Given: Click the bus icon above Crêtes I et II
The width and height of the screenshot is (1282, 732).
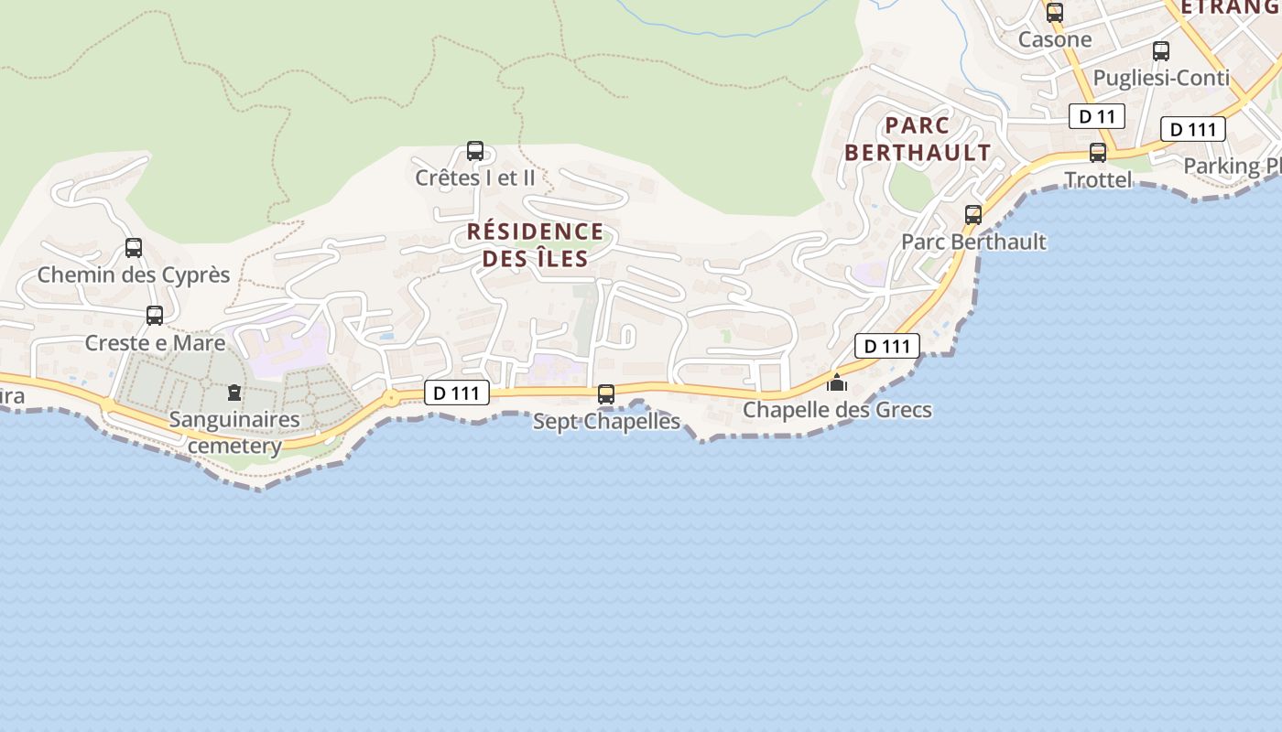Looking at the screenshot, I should pos(474,151).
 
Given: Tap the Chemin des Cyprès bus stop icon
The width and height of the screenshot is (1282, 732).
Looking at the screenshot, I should pos(134,248).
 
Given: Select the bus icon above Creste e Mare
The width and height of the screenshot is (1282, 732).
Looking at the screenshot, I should pos(155,316).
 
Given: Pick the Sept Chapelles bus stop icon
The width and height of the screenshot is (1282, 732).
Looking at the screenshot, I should pos(606,394).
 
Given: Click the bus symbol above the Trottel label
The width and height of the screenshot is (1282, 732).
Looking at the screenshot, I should pos(1098,153).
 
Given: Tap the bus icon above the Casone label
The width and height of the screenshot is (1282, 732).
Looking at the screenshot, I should pos(1055,13).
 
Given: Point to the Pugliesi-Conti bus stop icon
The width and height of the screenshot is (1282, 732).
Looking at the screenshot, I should pos(1161,51).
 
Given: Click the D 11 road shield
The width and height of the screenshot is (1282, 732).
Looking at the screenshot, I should pos(1096,116).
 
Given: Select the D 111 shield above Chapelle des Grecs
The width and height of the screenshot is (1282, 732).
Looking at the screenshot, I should pos(886,346).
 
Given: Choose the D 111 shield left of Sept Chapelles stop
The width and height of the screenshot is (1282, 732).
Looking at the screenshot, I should pos(457,393).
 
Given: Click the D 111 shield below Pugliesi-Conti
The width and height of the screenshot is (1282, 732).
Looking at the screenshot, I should pos(1192,129).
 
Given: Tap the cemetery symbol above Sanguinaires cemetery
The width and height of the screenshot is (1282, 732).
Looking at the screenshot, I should pos(234,393).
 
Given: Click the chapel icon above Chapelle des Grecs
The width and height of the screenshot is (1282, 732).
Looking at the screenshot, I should pos(837,382).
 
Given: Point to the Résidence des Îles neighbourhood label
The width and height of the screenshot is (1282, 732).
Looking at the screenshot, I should pos(536,245).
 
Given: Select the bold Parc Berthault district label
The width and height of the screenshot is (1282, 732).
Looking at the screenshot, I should pos(918,139).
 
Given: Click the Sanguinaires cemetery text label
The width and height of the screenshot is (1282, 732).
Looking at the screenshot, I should pos(234,433).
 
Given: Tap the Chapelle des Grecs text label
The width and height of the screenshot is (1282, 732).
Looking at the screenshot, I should pos(837,410).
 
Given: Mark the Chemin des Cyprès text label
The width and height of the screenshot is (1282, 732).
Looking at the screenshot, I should pos(134,274).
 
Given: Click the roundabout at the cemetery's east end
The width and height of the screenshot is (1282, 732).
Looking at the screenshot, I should pos(392,398).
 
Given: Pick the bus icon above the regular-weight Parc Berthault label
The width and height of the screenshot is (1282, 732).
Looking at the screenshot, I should pos(972,215).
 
